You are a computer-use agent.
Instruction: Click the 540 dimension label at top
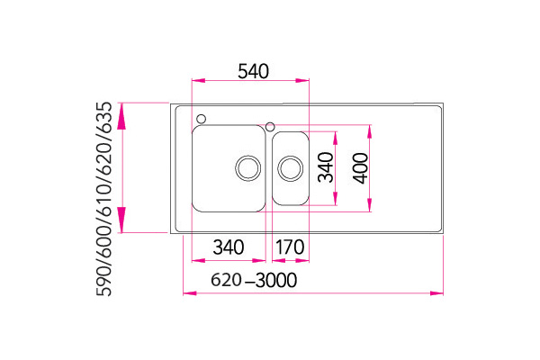point(253,71)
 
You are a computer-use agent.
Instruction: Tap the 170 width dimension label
point(290,247)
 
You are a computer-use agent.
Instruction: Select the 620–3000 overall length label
point(254,280)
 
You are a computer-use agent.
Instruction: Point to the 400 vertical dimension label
point(361,168)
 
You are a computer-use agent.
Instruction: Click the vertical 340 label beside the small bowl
point(326,167)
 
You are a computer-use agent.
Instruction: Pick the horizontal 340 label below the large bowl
point(229,247)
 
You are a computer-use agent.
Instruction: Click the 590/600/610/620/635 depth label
point(104,199)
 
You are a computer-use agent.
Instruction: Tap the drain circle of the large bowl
point(248,168)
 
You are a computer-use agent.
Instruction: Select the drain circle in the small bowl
point(291,168)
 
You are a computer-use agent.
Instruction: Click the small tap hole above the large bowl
point(201,119)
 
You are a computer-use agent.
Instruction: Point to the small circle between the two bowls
point(270,126)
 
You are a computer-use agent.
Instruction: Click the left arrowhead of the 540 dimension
point(198,81)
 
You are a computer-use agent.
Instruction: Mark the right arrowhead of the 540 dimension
point(302,81)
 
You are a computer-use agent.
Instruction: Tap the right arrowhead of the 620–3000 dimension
point(436,293)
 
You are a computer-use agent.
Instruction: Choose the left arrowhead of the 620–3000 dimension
point(190,293)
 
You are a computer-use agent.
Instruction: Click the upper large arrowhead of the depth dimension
point(121,116)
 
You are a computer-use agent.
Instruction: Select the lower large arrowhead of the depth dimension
point(121,220)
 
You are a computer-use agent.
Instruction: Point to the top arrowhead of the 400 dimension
point(370,131)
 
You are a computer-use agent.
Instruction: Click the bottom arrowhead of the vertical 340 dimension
point(335,199)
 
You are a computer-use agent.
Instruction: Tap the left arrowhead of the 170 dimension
point(279,260)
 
